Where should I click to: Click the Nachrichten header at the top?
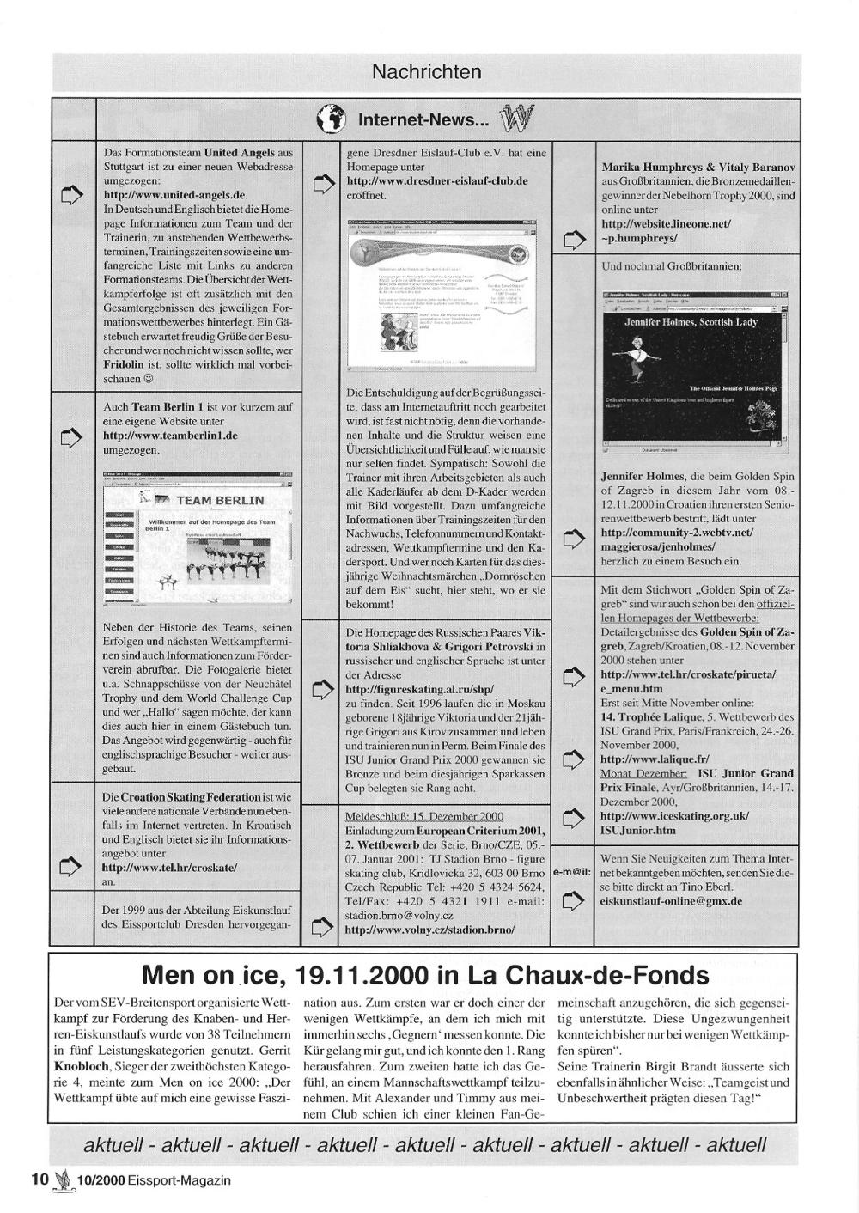[426, 72]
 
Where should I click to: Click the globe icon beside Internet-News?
[332, 120]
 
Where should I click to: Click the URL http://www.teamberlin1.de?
[170, 436]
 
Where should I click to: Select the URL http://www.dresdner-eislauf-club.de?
[436, 181]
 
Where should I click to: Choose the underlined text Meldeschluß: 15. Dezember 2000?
[424, 816]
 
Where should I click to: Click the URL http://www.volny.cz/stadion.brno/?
[429, 930]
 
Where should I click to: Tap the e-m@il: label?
[572, 871]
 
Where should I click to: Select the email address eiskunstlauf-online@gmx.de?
[671, 901]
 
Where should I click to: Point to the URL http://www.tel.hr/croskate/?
[169, 868]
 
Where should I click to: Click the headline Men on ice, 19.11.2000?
[426, 976]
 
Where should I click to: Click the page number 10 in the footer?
[40, 1180]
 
